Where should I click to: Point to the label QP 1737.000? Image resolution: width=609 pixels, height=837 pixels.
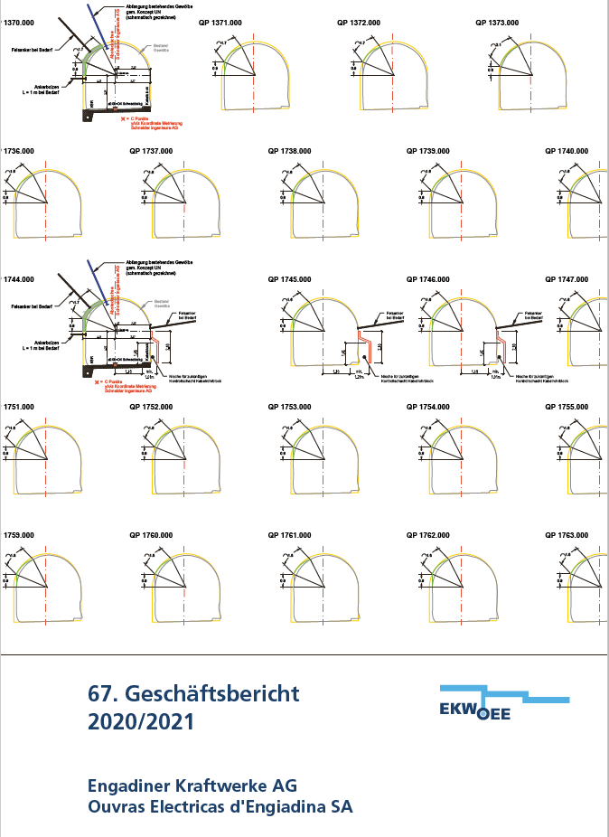coord(151,151)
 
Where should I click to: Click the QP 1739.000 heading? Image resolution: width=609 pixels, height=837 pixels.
coord(429,151)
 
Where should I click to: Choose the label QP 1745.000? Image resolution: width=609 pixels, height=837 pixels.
coord(289,279)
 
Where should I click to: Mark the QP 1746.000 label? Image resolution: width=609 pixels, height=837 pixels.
coord(429,279)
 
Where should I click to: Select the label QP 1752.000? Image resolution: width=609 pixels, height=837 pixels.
coord(151,408)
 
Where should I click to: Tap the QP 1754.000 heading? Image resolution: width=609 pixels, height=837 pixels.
coord(429,408)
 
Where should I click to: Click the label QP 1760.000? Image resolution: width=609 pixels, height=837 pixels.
coord(151,535)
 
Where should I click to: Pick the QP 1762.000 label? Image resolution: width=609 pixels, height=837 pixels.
coord(429,535)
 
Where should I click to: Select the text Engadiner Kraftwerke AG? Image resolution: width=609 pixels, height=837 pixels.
coord(192,784)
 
